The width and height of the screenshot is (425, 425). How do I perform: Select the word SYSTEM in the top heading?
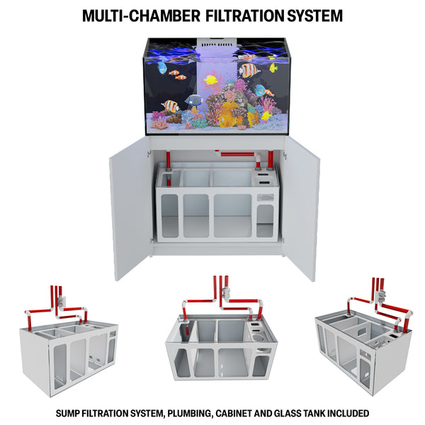310,15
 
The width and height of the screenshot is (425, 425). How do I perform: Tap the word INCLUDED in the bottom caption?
346,413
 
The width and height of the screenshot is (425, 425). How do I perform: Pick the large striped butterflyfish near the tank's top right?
249,70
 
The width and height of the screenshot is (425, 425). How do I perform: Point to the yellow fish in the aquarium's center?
210,79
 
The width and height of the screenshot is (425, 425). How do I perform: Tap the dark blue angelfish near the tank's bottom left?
193,100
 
